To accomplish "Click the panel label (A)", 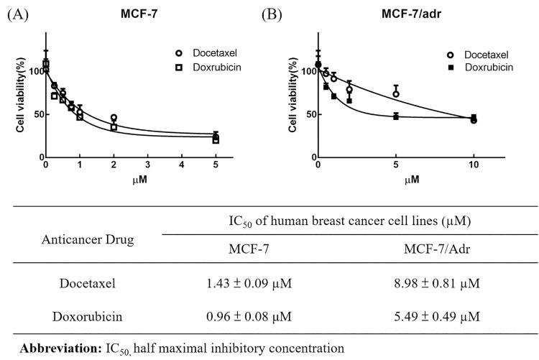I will [x=17, y=14].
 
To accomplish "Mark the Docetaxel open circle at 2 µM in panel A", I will [x=114, y=118].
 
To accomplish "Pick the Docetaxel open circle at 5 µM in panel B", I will [x=396, y=94].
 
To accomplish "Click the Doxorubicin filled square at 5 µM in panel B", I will [x=396, y=116].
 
